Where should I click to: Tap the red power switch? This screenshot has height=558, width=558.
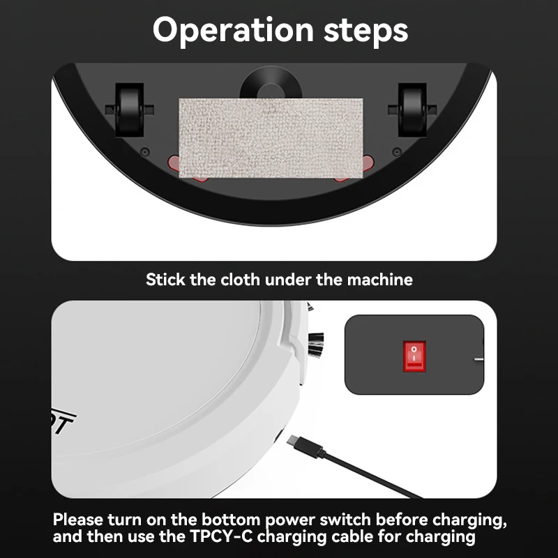point(415,356)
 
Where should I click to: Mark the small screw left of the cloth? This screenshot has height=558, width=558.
point(144,151)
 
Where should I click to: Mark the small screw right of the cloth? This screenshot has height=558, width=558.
point(395,151)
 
